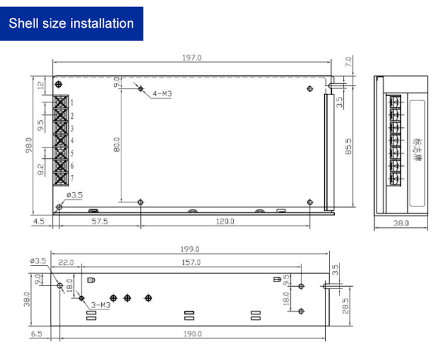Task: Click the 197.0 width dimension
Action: [192, 58]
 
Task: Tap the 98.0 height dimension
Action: [29, 145]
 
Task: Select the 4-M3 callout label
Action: [162, 94]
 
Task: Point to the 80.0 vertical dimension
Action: [117, 145]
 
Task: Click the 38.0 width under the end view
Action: [402, 223]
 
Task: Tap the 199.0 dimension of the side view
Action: [190, 249]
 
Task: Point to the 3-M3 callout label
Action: [99, 305]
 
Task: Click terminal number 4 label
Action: [72, 141]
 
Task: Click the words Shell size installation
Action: [71, 24]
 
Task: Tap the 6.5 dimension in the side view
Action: [37, 334]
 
